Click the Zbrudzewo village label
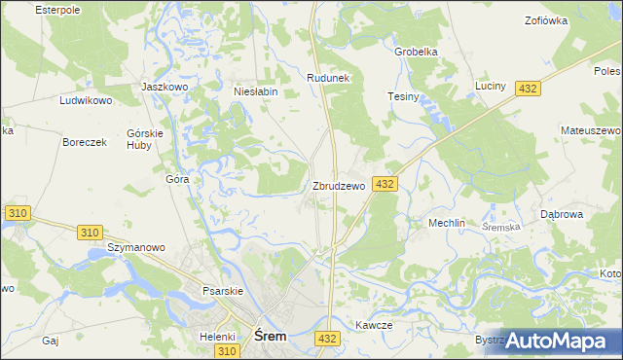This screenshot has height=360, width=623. [339, 186]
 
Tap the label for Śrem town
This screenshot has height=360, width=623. [270, 336]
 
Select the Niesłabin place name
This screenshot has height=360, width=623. [257, 92]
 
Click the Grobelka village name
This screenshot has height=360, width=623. [416, 52]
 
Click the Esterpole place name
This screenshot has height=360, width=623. [56, 9]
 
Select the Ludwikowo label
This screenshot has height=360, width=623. [87, 100]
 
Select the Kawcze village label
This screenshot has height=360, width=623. [374, 326]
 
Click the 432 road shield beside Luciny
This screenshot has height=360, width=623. [528, 89]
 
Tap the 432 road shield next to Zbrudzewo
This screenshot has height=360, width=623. [384, 184]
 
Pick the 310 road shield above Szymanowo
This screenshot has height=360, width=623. [90, 232]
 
